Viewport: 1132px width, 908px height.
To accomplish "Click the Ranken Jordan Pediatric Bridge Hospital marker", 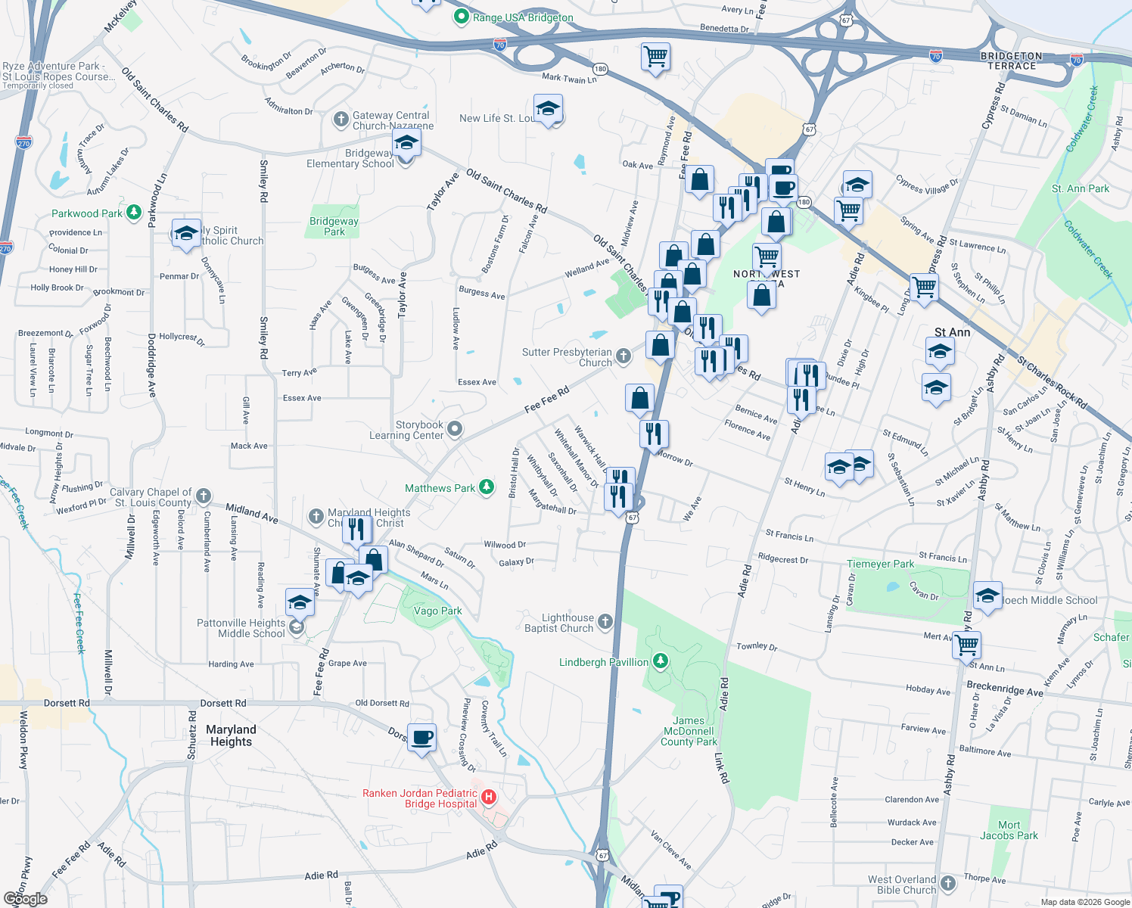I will tap(489, 797).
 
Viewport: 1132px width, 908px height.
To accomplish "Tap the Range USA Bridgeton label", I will tap(523, 17).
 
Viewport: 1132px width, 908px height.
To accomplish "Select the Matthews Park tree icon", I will tap(487, 487).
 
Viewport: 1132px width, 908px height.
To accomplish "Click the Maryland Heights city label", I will tap(231, 735).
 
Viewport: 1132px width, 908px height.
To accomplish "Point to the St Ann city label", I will tap(952, 332).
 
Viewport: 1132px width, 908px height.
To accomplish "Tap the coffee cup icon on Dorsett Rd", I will tap(422, 736).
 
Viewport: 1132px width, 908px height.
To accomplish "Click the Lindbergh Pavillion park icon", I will tap(661, 662).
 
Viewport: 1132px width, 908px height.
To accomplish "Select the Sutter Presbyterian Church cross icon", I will tap(623, 356).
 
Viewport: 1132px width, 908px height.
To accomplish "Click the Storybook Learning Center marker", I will tap(455, 430).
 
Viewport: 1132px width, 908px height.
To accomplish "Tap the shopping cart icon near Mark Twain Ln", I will tap(655, 56).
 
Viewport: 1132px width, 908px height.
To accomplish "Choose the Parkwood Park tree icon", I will tap(134, 213).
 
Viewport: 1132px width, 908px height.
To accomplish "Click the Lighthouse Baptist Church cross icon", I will tap(605, 622).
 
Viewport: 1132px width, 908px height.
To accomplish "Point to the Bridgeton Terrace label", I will tap(1012, 61).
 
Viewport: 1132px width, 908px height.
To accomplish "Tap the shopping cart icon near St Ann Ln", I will tap(966, 645).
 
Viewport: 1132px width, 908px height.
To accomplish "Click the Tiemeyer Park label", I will tap(880, 564).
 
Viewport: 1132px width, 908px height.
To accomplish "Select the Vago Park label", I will tap(437, 611).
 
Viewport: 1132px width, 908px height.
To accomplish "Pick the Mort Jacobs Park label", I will tap(1009, 830).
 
